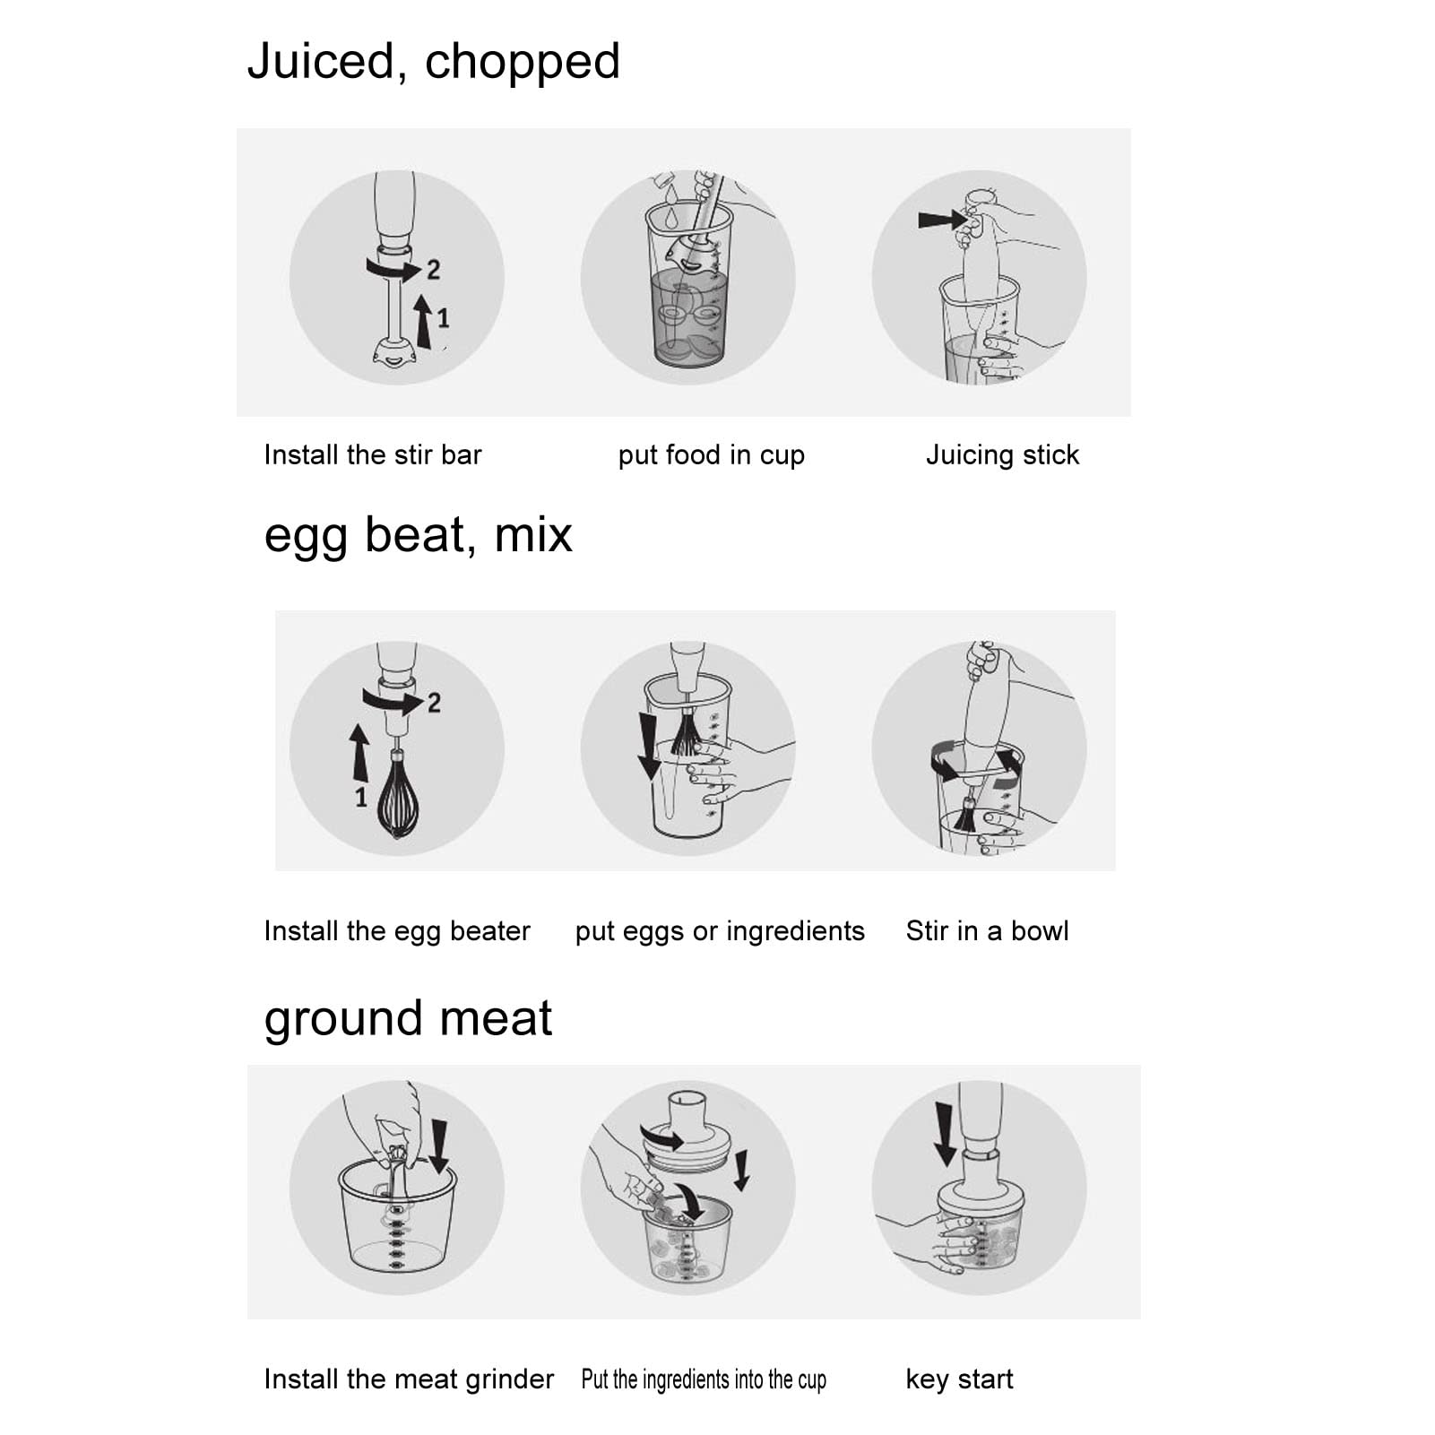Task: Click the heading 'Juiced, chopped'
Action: (433, 62)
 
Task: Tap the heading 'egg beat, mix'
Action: (418, 535)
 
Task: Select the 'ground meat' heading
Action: (408, 1018)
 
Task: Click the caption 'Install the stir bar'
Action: (372, 455)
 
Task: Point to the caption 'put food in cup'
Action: (711, 455)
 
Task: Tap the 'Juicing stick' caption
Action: (1002, 455)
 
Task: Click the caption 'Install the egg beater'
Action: (397, 931)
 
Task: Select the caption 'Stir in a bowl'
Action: (987, 931)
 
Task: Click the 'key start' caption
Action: (959, 1379)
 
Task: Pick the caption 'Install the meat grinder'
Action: (409, 1379)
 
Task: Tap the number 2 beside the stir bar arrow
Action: (434, 269)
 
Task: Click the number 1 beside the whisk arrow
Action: (360, 797)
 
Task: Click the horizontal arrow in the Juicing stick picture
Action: (941, 220)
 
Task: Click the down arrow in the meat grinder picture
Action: (438, 1145)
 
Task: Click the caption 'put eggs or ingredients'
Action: (720, 931)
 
